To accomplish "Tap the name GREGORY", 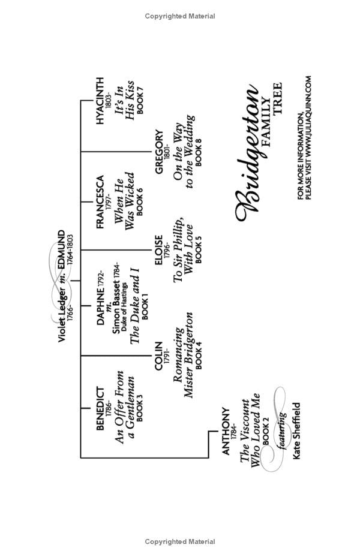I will click(x=159, y=152).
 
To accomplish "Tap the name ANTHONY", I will click(x=226, y=431).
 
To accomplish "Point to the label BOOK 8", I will click(x=199, y=153).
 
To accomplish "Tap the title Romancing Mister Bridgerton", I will click(x=182, y=355).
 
